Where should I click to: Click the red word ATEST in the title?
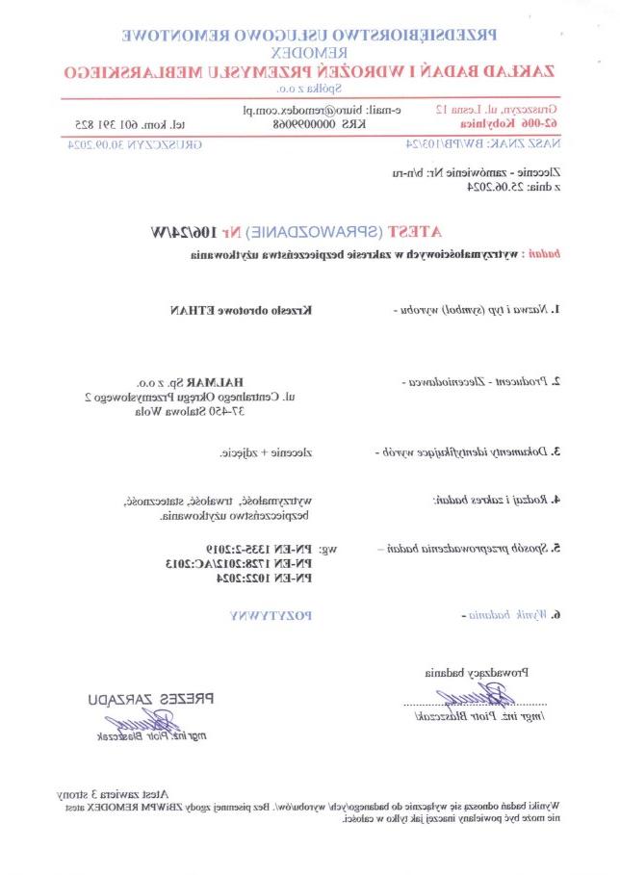pyautogui.click(x=418, y=233)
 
